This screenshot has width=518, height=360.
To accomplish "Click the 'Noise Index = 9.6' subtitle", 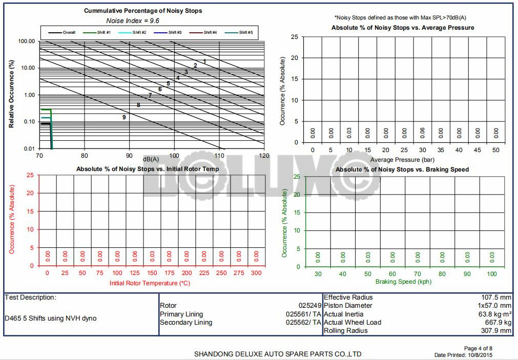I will pos(133,20).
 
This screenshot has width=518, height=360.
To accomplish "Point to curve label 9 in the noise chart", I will pos(124,117).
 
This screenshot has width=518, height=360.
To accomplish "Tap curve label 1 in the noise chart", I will pos(204,61).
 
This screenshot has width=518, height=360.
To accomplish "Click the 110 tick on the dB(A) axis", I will pos(219,156).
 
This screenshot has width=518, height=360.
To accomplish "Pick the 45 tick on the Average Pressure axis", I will pos(477,150).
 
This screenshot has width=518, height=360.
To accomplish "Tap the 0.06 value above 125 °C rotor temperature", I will pos(135,256).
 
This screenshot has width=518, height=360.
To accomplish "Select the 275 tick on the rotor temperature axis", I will pos(239,273).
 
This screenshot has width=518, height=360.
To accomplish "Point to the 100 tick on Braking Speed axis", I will pos(492,274).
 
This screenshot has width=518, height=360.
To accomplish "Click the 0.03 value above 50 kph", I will pos(368,256).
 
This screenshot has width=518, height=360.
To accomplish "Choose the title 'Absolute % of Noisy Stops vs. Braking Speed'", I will pos(402,170).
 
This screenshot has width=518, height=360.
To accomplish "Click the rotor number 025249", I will pos(309,306).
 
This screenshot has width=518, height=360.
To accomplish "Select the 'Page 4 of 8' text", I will pos(478,348).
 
